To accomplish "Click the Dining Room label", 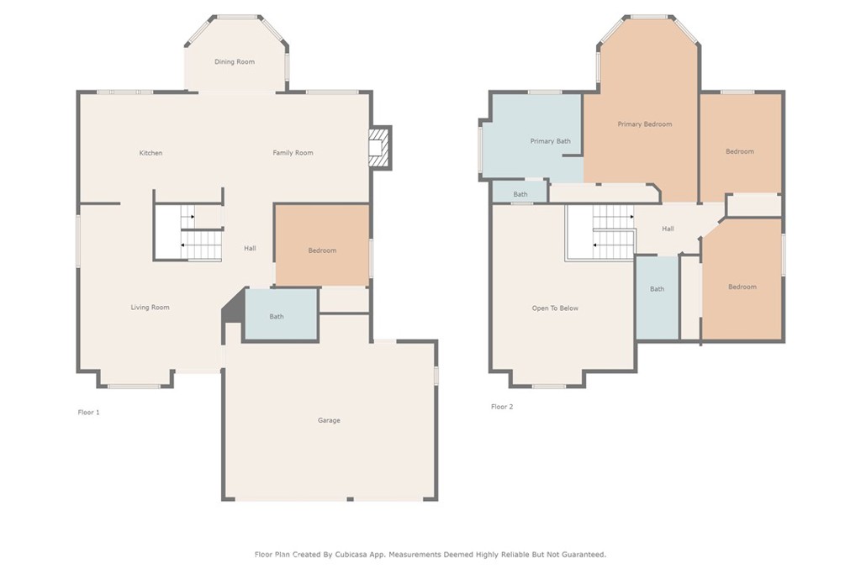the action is [235, 62].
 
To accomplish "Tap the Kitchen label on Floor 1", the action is [151, 153].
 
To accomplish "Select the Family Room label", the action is [293, 153].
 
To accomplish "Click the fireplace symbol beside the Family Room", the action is [379, 148].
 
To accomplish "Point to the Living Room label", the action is [150, 308].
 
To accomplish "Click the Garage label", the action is [329, 420].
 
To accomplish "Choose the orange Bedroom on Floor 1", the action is [322, 245].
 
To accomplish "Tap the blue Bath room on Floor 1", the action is [281, 313].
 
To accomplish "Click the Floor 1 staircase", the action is [201, 232].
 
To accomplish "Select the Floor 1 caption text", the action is [88, 412].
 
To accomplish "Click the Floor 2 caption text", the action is [502, 407].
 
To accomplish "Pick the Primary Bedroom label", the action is [645, 124].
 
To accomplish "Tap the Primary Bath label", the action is [550, 141].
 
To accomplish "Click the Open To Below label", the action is [555, 308].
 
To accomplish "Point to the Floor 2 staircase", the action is [613, 232].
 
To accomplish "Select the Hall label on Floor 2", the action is [668, 229].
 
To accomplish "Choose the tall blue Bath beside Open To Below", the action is [658, 298].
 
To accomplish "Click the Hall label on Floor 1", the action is [250, 249].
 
